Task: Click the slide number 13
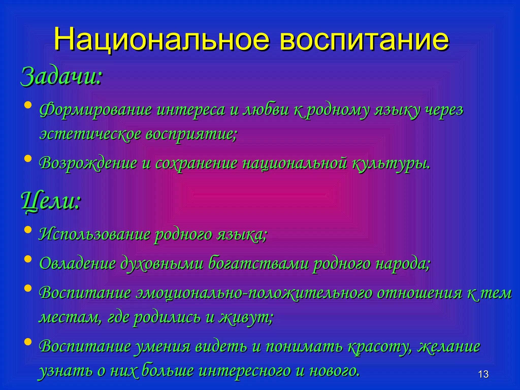[483, 374]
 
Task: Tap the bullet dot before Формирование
[28, 105]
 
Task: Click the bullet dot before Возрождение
[28, 159]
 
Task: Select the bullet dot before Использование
[28, 230]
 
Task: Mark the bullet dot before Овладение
[28, 259]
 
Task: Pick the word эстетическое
[90, 135]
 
